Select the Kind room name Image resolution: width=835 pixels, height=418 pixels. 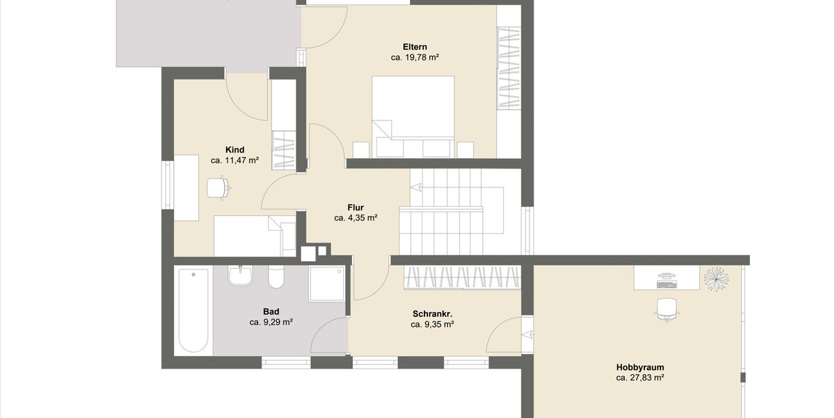(x=234, y=150)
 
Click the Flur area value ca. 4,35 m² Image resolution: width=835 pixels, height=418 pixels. (x=356, y=218)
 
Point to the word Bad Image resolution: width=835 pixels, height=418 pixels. (x=271, y=311)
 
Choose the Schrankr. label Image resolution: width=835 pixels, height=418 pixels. (x=432, y=313)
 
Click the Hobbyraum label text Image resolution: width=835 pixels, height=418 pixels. (x=639, y=366)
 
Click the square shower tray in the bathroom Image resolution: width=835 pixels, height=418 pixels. (x=326, y=284)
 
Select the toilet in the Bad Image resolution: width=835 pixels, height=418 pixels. (x=276, y=277)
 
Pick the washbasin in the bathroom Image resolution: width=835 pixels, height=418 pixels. (x=241, y=276)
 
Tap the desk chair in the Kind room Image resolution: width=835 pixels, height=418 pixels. (x=218, y=187)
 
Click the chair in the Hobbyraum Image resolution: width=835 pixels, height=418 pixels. (x=667, y=308)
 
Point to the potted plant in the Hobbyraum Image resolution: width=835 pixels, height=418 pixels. (x=716, y=278)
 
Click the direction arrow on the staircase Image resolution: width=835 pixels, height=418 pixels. (x=416, y=187)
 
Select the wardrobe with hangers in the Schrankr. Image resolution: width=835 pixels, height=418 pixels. (x=462, y=277)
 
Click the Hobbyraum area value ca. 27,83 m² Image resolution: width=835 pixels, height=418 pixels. (x=639, y=378)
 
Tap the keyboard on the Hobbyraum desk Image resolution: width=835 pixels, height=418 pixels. (x=667, y=284)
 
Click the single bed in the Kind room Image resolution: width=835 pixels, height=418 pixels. (x=255, y=235)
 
